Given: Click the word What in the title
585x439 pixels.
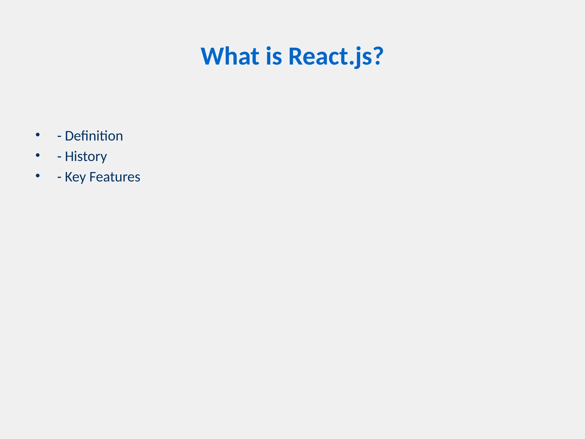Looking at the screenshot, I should (230, 56).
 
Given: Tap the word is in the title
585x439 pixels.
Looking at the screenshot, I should (274, 56).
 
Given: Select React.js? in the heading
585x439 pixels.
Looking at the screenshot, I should (336, 56).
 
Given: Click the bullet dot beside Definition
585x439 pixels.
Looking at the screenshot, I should (38, 135).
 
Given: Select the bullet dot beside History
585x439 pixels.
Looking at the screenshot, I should (38, 155).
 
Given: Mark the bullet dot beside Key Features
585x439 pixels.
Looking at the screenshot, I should (38, 176).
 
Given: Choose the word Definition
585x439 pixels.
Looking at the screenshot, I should (94, 136).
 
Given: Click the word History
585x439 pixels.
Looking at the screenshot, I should (86, 156).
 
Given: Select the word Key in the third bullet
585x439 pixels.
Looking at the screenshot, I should (75, 177).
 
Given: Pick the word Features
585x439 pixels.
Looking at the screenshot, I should (115, 177).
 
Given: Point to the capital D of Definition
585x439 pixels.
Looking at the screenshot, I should (69, 136).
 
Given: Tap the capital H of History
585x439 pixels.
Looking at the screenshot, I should (69, 156).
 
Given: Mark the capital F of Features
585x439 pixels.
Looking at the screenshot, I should (93, 177).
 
